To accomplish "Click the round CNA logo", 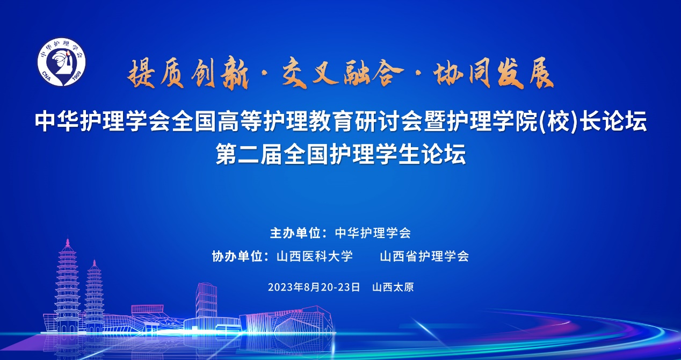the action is (61, 62).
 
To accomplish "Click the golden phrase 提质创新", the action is (188, 74).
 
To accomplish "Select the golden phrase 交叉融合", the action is (343, 73).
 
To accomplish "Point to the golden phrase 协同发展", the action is (494, 73).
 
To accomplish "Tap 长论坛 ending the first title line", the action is (613, 122).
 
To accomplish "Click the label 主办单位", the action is (295, 233).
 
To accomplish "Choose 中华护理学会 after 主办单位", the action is (373, 233).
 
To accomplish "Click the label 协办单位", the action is (237, 256).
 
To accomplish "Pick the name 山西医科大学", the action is (315, 256).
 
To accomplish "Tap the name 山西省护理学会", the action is (424, 256).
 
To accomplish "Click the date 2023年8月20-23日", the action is (314, 287).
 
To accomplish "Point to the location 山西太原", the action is (393, 287).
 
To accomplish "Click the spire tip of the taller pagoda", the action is (68, 239).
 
